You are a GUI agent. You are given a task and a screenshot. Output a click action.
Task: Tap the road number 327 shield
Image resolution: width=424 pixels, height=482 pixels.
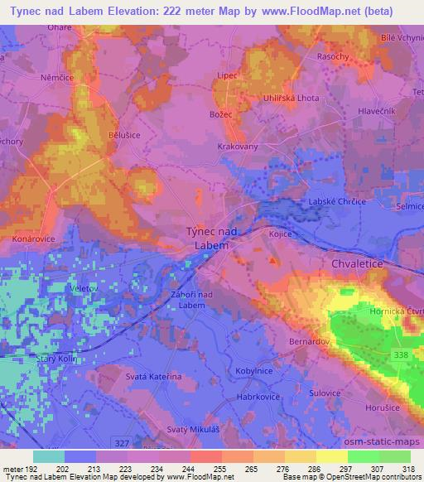point(122,443)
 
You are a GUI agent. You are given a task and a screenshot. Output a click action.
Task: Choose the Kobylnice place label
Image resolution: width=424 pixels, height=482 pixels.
point(255,372)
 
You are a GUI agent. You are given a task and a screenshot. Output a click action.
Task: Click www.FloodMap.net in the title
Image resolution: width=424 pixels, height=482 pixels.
point(319,9)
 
